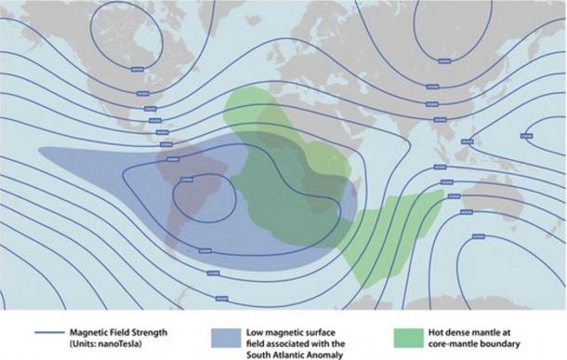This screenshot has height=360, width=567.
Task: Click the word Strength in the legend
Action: click(143, 329)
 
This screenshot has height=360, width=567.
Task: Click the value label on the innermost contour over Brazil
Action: click(185, 180)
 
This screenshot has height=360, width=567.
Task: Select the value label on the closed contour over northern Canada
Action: click(138, 70)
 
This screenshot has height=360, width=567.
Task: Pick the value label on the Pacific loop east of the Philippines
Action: click(526, 136)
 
